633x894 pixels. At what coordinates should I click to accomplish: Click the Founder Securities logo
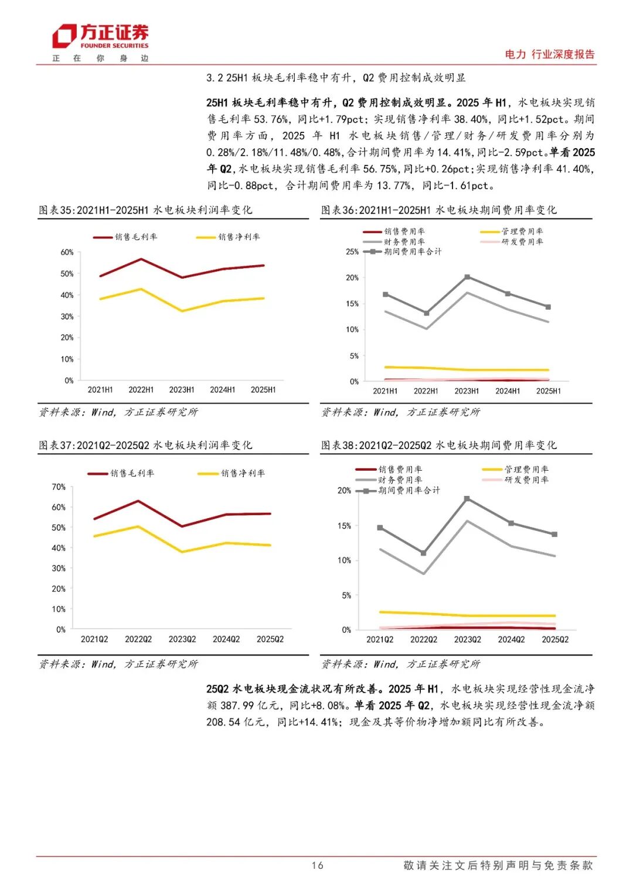(100, 36)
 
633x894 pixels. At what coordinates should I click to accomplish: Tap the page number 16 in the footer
(317, 865)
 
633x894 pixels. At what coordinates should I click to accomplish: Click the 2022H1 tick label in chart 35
(141, 390)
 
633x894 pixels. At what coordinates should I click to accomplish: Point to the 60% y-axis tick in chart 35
(67, 252)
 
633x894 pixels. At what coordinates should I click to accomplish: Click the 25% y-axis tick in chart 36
(352, 252)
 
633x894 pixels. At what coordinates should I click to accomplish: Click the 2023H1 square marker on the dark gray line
(467, 277)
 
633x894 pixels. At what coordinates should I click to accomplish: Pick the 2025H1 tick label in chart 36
(548, 391)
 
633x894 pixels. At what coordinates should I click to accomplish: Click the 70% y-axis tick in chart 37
(59, 487)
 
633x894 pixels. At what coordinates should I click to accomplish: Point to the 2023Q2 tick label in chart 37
(182, 639)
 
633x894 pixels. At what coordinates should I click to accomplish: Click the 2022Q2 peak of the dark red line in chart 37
(138, 501)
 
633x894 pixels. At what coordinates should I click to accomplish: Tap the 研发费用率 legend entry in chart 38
(526, 480)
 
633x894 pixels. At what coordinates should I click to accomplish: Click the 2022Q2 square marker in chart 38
(424, 553)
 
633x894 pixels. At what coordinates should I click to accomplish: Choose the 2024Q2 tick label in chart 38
(511, 640)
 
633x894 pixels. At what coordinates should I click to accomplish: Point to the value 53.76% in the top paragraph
(271, 119)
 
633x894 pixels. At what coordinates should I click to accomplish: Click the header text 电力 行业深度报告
(549, 54)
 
